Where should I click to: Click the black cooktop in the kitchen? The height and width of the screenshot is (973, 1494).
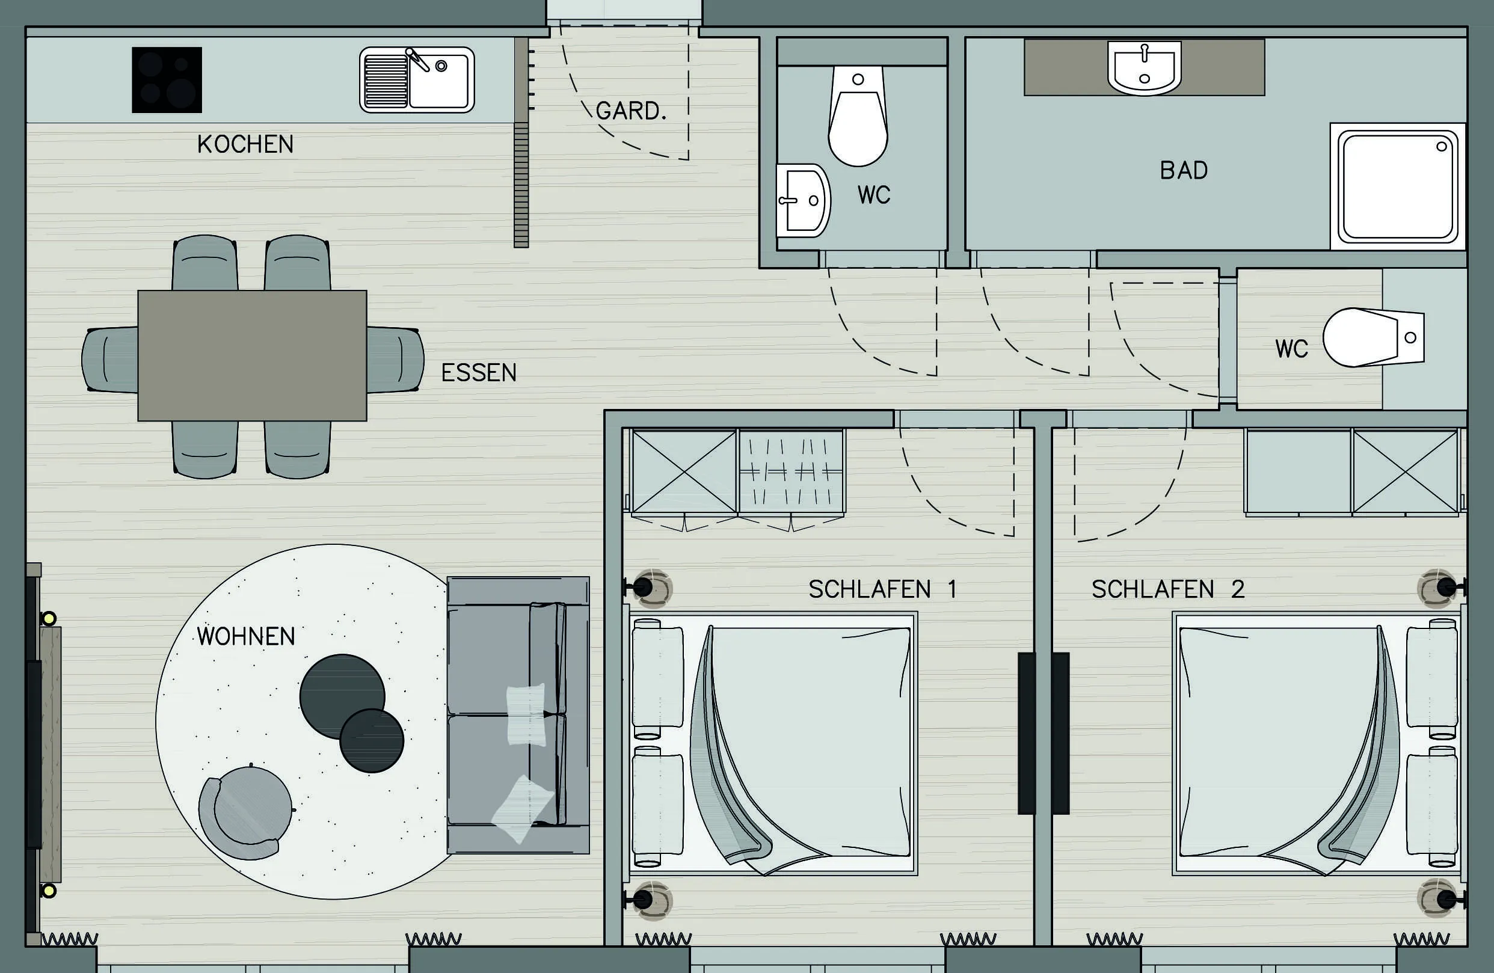pos(167,80)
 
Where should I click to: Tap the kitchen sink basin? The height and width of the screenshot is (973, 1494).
pos(417,80)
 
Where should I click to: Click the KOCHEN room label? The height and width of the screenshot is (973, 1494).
pos(245,144)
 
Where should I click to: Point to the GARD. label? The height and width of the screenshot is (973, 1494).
pos(631,111)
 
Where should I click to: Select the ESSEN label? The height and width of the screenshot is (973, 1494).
pos(479,373)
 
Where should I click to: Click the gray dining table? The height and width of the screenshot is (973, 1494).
pos(253,355)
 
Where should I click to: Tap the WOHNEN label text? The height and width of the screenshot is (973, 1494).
pos(246,636)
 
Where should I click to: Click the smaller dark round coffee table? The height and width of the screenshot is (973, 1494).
pos(372,741)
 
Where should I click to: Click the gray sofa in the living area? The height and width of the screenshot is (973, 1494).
pos(518,715)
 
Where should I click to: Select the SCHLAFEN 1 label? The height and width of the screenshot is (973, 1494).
pos(882,589)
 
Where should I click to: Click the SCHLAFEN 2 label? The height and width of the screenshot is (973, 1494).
pos(1167,589)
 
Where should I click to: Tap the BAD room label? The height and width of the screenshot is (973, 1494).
pos(1184,171)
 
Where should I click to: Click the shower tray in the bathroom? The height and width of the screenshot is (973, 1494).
pos(1398,186)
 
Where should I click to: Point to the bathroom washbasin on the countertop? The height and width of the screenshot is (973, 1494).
pos(1145,68)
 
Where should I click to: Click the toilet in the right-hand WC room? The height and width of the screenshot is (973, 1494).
pos(1374,337)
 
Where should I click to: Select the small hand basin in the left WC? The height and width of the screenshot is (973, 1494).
pos(804,201)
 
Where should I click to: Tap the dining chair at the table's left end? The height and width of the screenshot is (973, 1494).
pos(111,360)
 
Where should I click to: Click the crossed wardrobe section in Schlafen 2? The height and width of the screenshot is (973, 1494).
pos(1406,472)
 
